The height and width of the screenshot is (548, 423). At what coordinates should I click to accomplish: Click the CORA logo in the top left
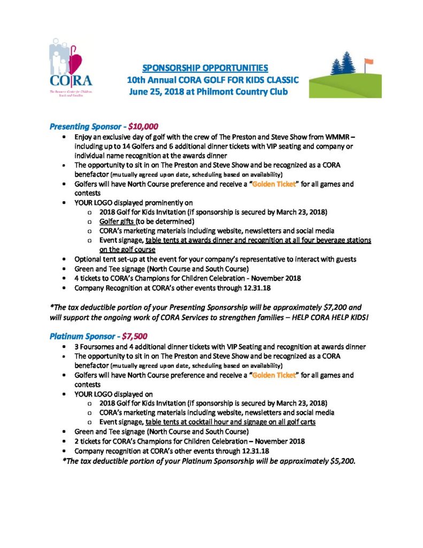[x=71, y=66]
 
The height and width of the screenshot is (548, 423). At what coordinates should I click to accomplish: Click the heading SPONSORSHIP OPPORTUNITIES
[x=205, y=68]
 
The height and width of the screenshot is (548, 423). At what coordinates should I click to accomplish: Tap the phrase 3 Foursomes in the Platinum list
[x=96, y=347]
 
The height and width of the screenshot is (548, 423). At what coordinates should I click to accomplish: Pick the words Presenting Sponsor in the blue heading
[x=84, y=127]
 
